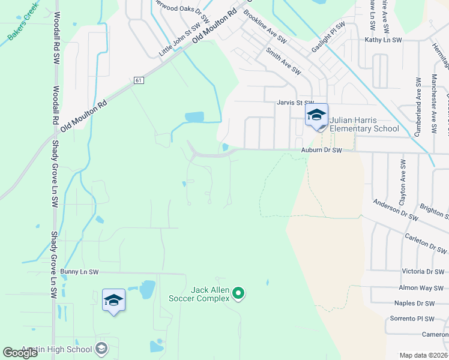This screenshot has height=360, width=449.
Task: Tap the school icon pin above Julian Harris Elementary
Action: [316, 116]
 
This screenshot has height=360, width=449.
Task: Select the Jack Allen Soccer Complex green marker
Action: [238, 293]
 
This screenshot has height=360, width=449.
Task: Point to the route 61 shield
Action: [139, 80]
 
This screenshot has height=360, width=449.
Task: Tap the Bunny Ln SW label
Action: [79, 272]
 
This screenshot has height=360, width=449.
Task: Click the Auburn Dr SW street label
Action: [321, 151]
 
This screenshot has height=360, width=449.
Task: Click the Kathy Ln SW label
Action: [383, 40]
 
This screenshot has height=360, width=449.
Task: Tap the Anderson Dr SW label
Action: [394, 208]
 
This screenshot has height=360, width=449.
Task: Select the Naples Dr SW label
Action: [414, 304]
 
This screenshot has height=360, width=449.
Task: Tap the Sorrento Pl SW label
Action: [412, 319]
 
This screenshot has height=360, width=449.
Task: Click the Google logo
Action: [20, 353]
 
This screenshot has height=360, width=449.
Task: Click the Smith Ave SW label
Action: [283, 61]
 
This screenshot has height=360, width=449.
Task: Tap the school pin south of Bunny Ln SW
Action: [113, 301]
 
